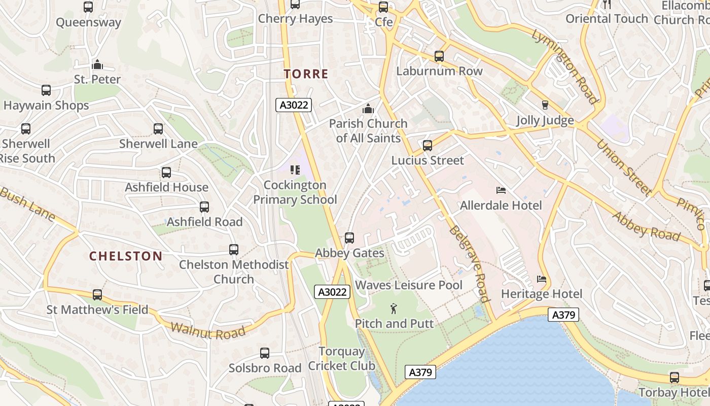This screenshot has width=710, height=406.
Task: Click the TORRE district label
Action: click(306, 74)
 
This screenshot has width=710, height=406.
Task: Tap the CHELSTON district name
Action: click(126, 256)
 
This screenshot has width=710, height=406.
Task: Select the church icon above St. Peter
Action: click(97, 64)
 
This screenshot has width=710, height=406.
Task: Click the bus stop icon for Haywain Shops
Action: click(46, 91)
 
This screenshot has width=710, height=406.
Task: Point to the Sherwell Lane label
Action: click(158, 144)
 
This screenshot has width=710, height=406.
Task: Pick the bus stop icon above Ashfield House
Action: click(166, 173)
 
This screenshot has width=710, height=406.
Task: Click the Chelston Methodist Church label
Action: click(234, 272)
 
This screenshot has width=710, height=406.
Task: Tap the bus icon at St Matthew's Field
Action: click(97, 295)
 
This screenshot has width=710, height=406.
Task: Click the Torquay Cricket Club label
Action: click(342, 358)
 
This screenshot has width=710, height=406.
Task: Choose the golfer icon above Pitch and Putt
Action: click(394, 308)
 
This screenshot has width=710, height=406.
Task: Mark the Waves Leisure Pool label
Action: click(409, 285)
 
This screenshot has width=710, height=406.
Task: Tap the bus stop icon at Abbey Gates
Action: click(349, 238)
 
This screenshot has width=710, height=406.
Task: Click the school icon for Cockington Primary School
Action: click(295, 170)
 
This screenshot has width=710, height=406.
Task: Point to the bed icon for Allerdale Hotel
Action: click(501, 191)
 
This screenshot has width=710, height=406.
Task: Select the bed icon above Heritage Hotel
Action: click(542, 279)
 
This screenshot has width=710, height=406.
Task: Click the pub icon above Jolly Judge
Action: click(545, 105)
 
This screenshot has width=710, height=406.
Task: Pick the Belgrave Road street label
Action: click(469, 264)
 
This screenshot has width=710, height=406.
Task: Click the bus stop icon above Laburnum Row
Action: click(439, 56)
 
